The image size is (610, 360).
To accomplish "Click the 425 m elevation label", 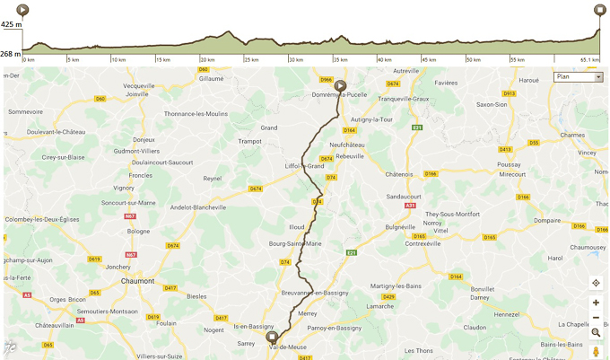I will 11,25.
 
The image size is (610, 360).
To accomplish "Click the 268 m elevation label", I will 11,54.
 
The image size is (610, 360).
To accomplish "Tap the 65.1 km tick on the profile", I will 589,60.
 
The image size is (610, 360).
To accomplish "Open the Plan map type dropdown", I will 579,77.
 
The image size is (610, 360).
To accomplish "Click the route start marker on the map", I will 340,86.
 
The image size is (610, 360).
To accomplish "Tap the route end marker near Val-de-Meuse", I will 273,338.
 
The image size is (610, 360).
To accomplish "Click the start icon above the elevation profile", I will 22,10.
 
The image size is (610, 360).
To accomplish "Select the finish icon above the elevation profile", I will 600,10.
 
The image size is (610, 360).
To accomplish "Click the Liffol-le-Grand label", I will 304,166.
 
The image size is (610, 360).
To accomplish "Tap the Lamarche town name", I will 380,306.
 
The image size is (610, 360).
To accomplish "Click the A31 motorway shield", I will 410,206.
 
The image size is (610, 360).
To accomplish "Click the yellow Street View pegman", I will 596,350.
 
